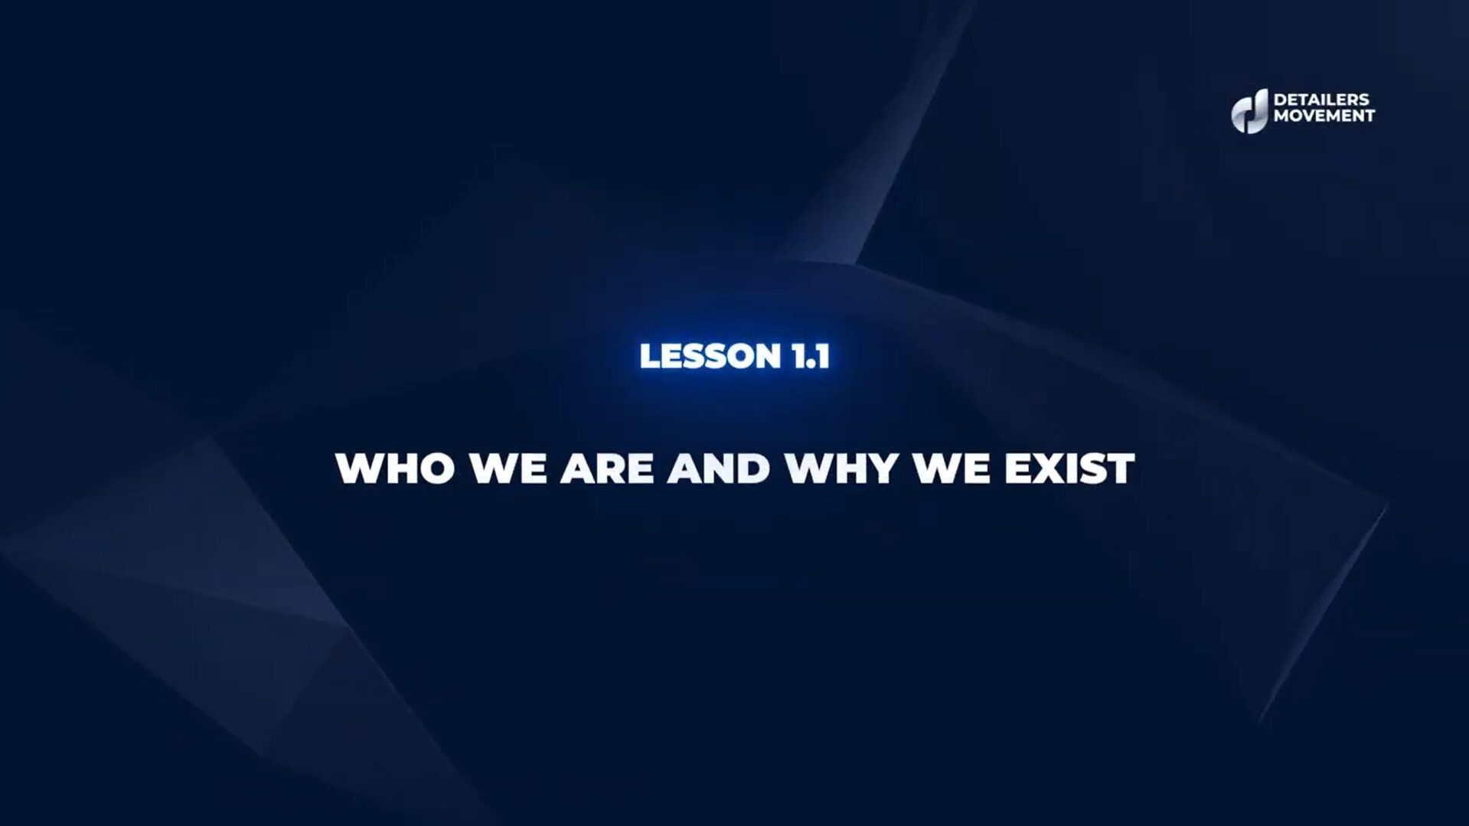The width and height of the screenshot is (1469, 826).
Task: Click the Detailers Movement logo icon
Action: pyautogui.click(x=1249, y=110)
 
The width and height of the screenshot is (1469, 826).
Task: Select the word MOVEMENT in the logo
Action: pyautogui.click(x=1324, y=116)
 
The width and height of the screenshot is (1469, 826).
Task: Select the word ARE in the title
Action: pyautogui.click(x=606, y=468)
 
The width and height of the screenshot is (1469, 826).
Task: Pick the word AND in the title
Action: pyautogui.click(x=718, y=468)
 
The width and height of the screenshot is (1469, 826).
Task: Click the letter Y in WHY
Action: pyautogui.click(x=880, y=468)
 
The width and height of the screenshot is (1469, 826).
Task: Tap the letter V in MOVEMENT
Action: pyautogui.click(x=1302, y=116)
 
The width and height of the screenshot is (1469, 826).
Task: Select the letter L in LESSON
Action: pyautogui.click(x=648, y=356)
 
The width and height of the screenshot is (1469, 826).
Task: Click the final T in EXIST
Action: pyautogui.click(x=1121, y=468)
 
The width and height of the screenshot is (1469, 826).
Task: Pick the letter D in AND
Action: pyautogui.click(x=754, y=468)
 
